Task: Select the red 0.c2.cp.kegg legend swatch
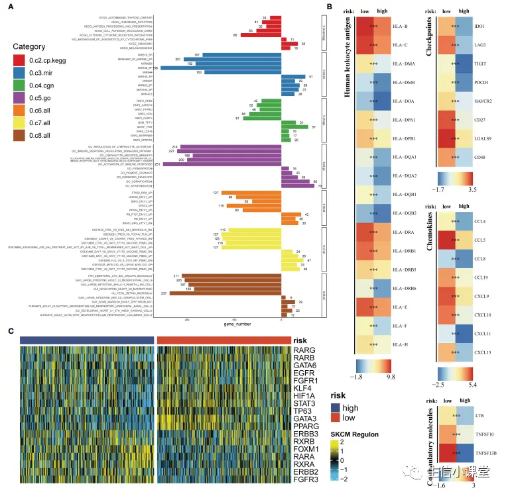coord(19,60)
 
